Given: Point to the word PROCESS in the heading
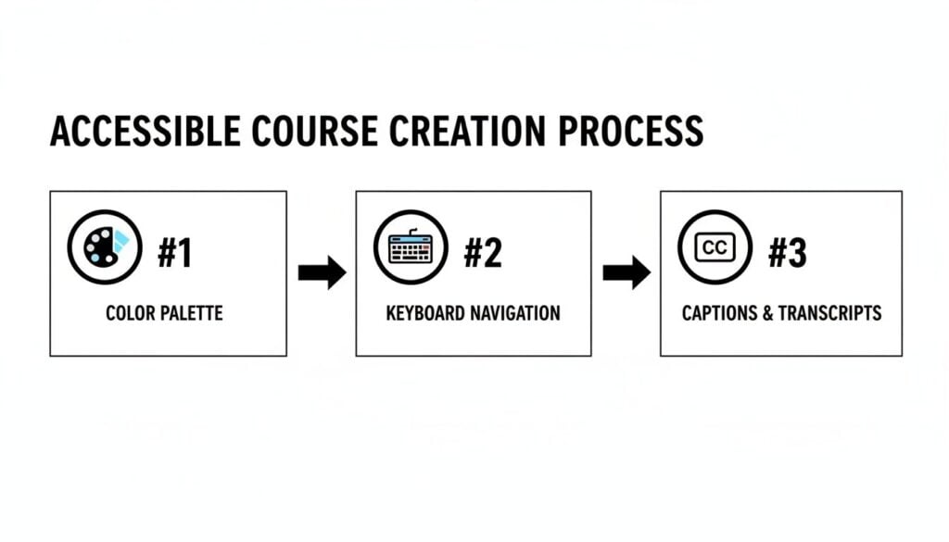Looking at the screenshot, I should point(630,132).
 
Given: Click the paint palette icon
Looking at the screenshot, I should point(105,247).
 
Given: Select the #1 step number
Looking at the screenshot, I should point(174,253).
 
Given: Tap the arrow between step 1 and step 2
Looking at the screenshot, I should point(322,272).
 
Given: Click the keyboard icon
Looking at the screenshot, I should point(411,247).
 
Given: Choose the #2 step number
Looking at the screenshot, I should point(482,253).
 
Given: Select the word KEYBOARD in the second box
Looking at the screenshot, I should point(425,313).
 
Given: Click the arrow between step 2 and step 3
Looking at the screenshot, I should point(626,272).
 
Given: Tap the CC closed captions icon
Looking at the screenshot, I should point(715,247).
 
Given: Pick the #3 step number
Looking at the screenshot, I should point(787,253).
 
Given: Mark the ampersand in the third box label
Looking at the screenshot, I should point(767,313).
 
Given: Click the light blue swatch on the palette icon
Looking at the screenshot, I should point(120,240).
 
